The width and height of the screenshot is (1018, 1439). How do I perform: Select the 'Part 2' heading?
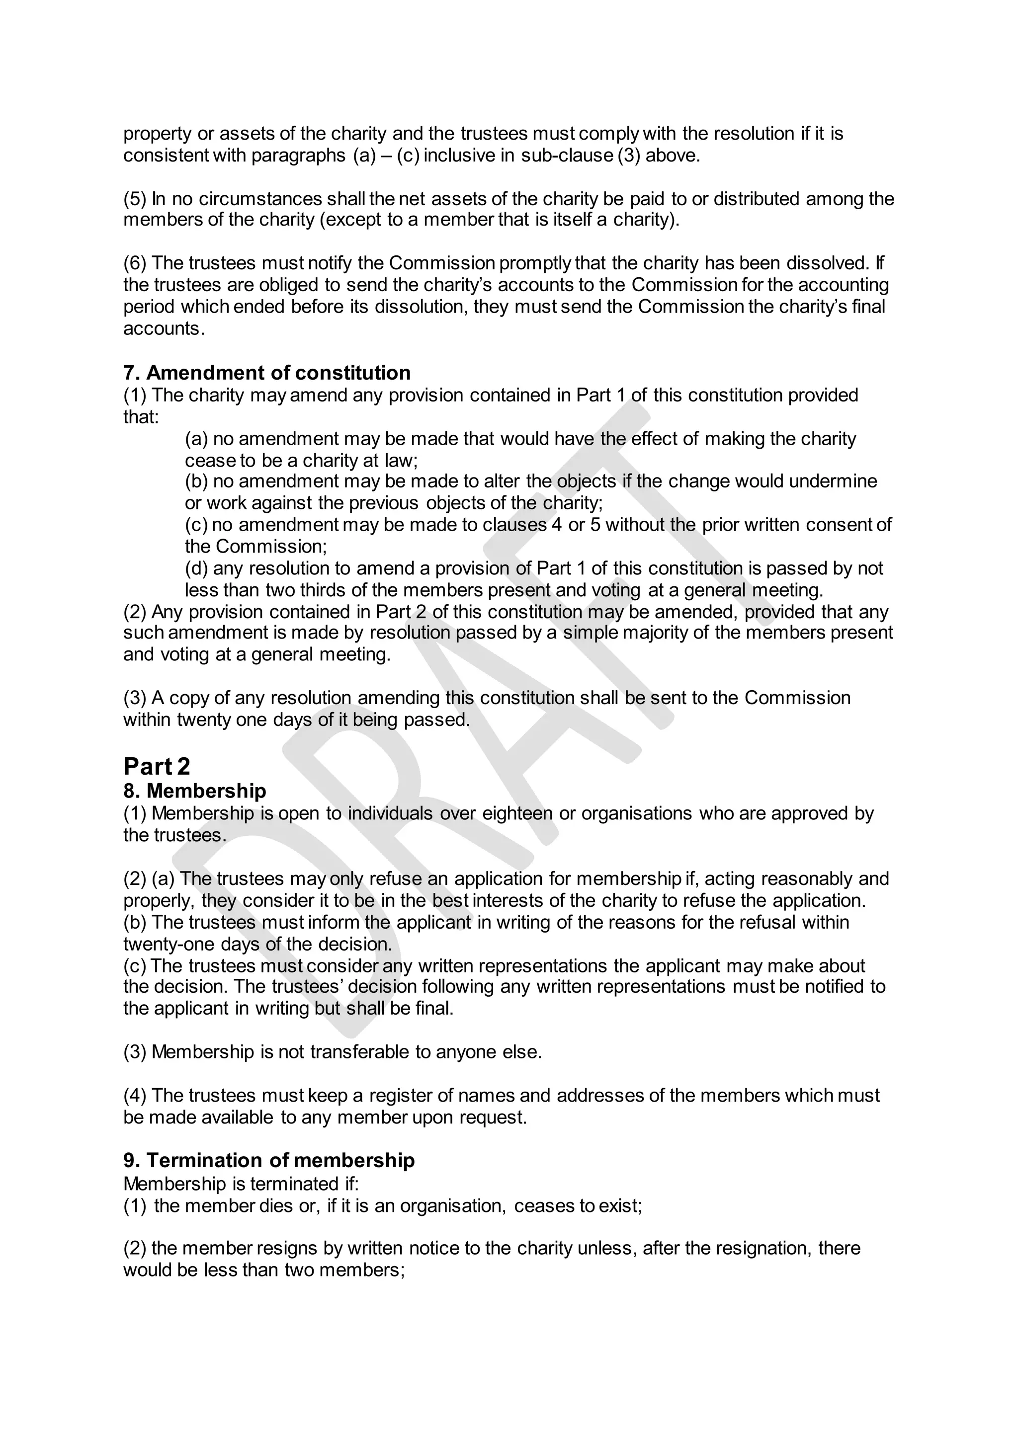(156, 767)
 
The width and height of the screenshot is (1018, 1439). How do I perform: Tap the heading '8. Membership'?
(194, 791)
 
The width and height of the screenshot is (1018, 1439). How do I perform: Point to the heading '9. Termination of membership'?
(268, 1160)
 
